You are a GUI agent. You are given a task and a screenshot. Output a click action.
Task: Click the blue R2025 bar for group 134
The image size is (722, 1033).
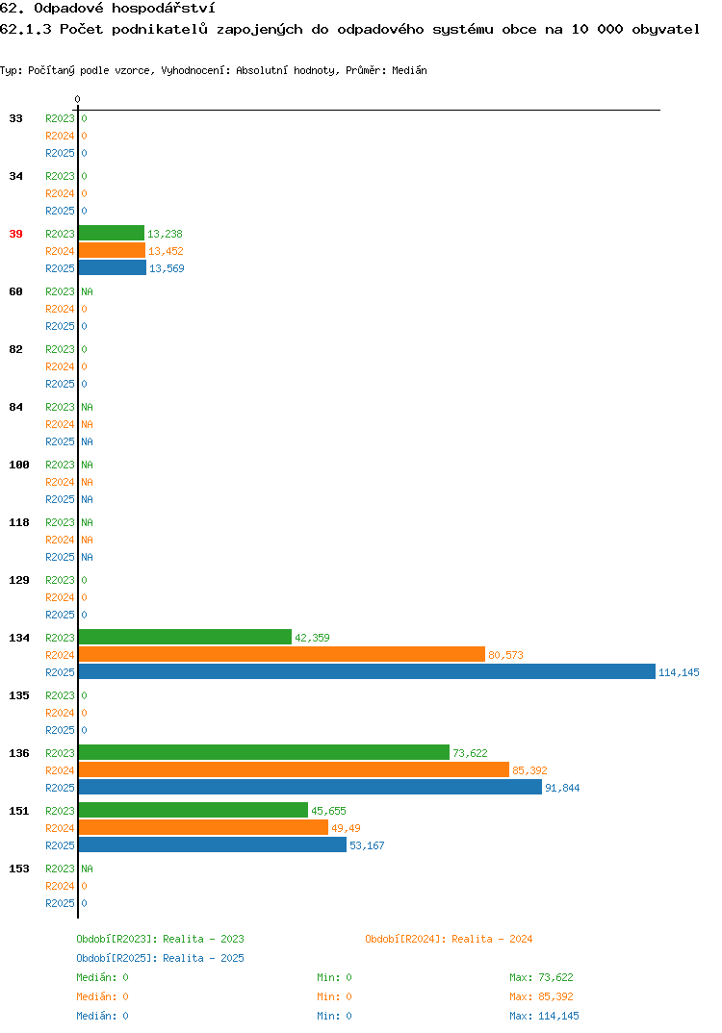[367, 672]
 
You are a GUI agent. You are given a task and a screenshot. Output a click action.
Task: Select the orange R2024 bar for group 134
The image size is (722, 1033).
[281, 655]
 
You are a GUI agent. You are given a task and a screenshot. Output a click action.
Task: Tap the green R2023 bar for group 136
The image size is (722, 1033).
[264, 753]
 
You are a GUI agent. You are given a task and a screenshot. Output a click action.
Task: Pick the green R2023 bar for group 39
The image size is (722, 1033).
[112, 233]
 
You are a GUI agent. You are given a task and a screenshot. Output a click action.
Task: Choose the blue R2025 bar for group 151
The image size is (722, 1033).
[213, 845]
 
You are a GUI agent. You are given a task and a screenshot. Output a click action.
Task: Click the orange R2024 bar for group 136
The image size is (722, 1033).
[294, 770]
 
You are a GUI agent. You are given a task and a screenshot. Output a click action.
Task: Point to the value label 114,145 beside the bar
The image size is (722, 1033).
[679, 672]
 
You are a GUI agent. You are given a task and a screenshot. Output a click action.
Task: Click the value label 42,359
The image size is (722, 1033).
[312, 638]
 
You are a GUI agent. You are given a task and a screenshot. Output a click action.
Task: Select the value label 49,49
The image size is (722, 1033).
[346, 828]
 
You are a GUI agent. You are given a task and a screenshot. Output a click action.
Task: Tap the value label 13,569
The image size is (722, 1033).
[167, 268]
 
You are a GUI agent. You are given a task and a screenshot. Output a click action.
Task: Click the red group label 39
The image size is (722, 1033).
[15, 234]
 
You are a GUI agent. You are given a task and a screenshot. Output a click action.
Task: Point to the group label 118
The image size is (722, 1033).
[19, 522]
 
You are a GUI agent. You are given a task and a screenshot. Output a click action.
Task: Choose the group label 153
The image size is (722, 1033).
[19, 869]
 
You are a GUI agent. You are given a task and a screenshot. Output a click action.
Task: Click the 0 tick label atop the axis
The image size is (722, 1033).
[77, 99]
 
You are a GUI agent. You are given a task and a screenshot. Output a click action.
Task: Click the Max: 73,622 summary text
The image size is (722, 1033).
[541, 977]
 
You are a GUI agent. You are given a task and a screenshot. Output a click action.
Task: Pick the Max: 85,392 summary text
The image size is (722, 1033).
[541, 996]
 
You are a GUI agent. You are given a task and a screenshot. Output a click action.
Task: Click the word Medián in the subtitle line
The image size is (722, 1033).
[409, 70]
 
